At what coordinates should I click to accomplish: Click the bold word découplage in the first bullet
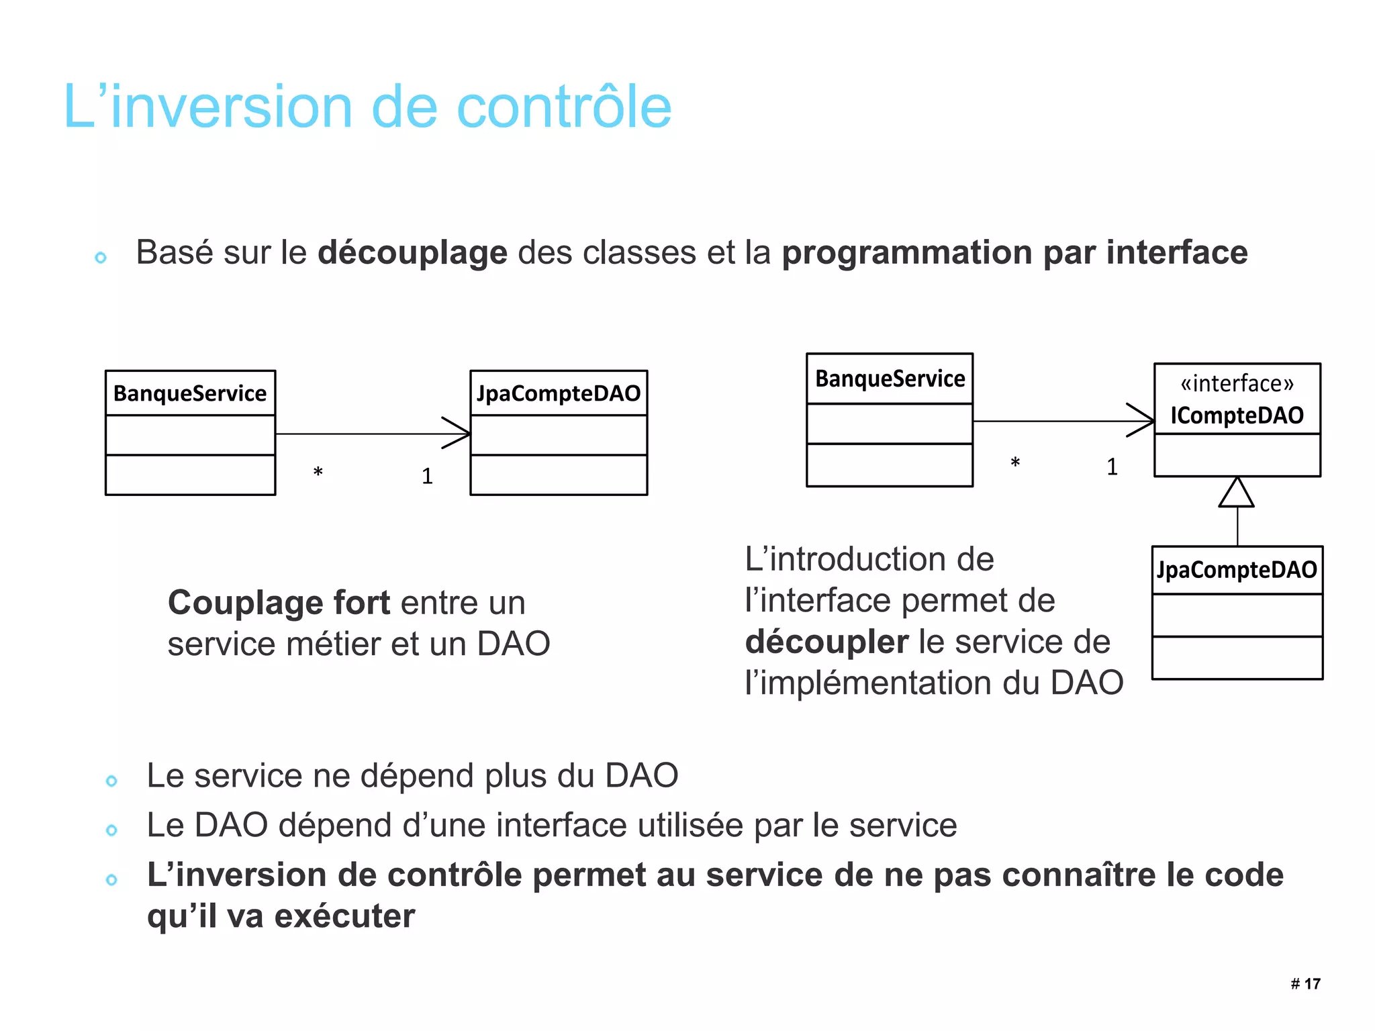coord(412,253)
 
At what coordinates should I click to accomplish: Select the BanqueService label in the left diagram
coord(190,393)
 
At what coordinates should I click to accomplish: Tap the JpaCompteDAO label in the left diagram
coord(559,393)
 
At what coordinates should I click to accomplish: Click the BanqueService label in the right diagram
coord(890,379)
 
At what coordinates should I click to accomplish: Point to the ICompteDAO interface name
coord(1237,415)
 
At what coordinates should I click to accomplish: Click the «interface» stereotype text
coord(1237,384)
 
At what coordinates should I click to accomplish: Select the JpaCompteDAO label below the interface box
coord(1237,571)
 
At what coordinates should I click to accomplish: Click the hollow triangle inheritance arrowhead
coord(1236,493)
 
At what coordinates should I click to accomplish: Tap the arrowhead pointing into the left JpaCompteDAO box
coord(458,433)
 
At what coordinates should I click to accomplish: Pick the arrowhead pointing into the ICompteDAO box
coord(1142,421)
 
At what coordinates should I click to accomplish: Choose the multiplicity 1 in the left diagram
coord(427,477)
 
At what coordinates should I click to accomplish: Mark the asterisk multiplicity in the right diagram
coord(1015,463)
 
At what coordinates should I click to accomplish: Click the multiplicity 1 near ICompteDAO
coord(1112,467)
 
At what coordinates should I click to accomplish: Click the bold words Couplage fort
coord(279,603)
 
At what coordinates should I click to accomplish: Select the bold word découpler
coord(826,642)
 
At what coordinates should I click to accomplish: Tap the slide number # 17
coord(1305,984)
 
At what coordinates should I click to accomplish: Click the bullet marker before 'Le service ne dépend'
coord(111,781)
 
